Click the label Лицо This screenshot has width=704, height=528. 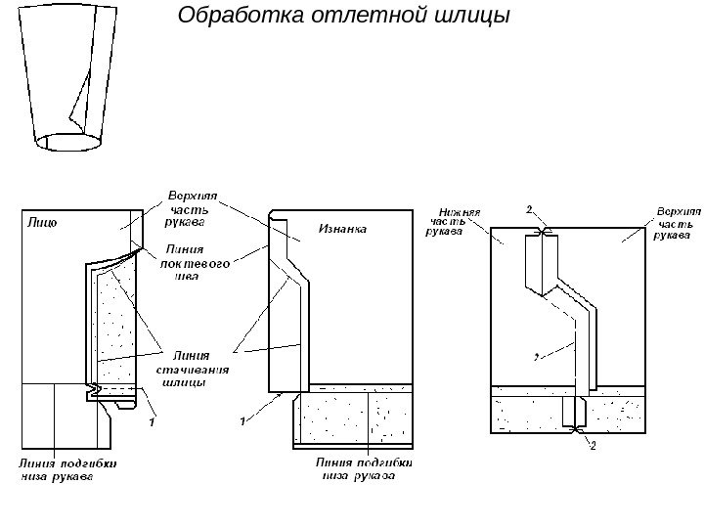40,223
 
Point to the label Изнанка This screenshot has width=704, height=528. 342,232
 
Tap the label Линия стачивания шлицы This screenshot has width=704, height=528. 194,369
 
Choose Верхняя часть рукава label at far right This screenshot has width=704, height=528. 674,222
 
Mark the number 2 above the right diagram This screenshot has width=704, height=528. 529,209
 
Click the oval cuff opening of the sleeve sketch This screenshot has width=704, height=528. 68,143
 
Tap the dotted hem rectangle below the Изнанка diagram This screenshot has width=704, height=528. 352,416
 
